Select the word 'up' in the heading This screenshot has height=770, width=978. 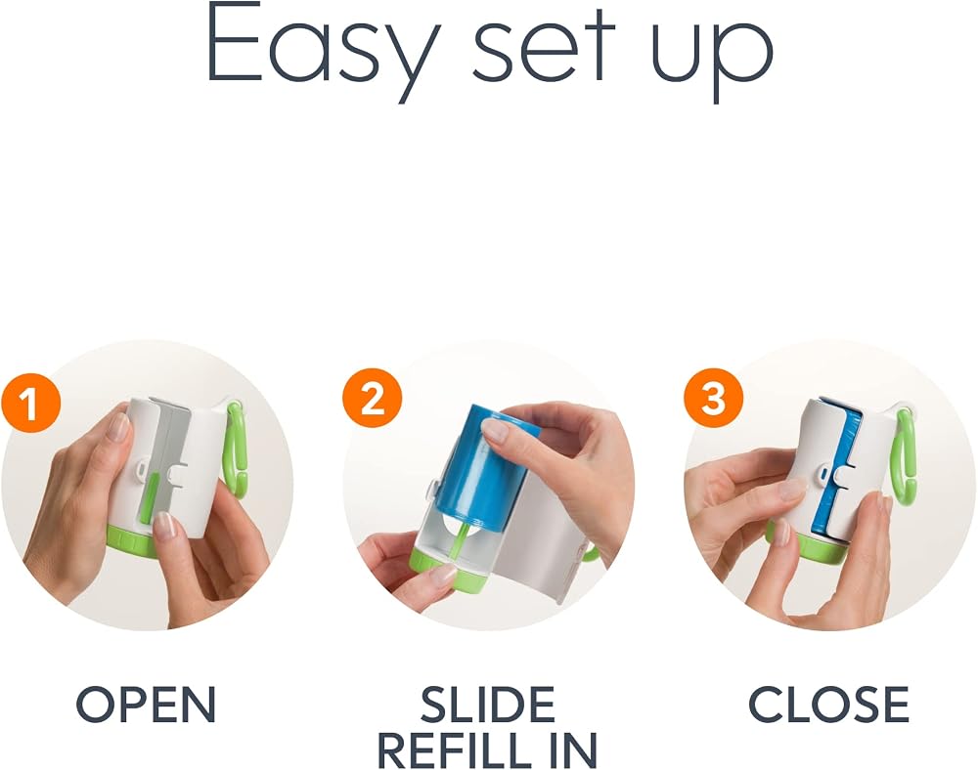click(x=712, y=61)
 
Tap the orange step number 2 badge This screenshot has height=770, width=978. click(x=372, y=398)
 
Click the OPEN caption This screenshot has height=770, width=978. click(x=146, y=704)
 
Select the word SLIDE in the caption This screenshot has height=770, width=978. click(x=488, y=704)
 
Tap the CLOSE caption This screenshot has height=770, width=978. click(x=829, y=704)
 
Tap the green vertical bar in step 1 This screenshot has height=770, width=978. click(x=150, y=495)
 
